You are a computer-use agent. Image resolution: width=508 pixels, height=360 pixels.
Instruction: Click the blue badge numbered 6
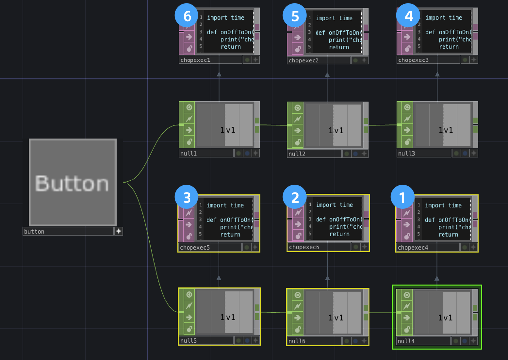187,16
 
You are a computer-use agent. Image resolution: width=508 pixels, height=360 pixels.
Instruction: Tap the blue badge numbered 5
295,16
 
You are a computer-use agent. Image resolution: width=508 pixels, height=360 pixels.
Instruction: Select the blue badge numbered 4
409,16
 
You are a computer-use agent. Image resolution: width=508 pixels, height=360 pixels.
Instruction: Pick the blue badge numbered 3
187,197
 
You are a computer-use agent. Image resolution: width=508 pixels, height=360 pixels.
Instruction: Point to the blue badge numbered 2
295,197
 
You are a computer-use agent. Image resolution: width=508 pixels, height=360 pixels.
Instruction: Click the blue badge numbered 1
403,197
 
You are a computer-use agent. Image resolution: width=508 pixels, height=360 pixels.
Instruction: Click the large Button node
72,182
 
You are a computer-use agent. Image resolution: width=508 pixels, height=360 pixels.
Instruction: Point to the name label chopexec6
304,247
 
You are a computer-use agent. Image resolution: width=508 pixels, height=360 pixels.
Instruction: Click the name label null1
189,154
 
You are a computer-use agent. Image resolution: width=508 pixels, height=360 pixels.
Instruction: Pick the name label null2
297,154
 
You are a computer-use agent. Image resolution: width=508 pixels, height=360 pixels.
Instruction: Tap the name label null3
407,154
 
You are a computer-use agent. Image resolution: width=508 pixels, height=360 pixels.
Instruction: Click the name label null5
189,341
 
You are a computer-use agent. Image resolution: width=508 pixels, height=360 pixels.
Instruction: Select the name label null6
297,341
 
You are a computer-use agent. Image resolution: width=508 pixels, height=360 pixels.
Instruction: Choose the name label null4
407,341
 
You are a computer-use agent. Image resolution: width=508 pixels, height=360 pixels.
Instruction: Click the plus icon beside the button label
119,231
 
